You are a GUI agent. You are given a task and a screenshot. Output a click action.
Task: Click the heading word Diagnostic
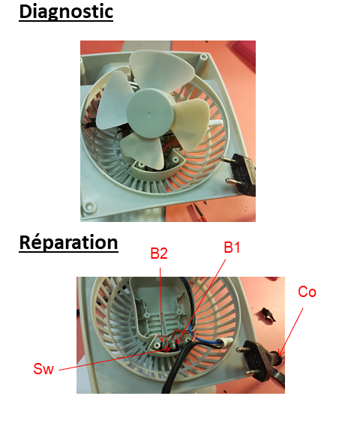click(66, 12)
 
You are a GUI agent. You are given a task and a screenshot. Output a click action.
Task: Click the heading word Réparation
click(69, 243)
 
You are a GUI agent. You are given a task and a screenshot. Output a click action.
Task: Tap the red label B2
click(159, 253)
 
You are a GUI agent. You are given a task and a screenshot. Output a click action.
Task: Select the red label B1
click(232, 247)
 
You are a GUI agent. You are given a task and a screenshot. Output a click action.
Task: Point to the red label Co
click(307, 292)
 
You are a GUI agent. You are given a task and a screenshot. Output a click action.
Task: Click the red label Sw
click(43, 369)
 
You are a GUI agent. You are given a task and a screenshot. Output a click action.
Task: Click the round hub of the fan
click(149, 113)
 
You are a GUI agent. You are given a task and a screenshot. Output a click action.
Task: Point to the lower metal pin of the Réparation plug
click(253, 372)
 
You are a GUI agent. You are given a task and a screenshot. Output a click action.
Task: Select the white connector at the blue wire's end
click(226, 342)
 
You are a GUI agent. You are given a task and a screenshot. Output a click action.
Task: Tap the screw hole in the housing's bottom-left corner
click(89, 207)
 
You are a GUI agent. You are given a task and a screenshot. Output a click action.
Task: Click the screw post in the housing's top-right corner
click(203, 58)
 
